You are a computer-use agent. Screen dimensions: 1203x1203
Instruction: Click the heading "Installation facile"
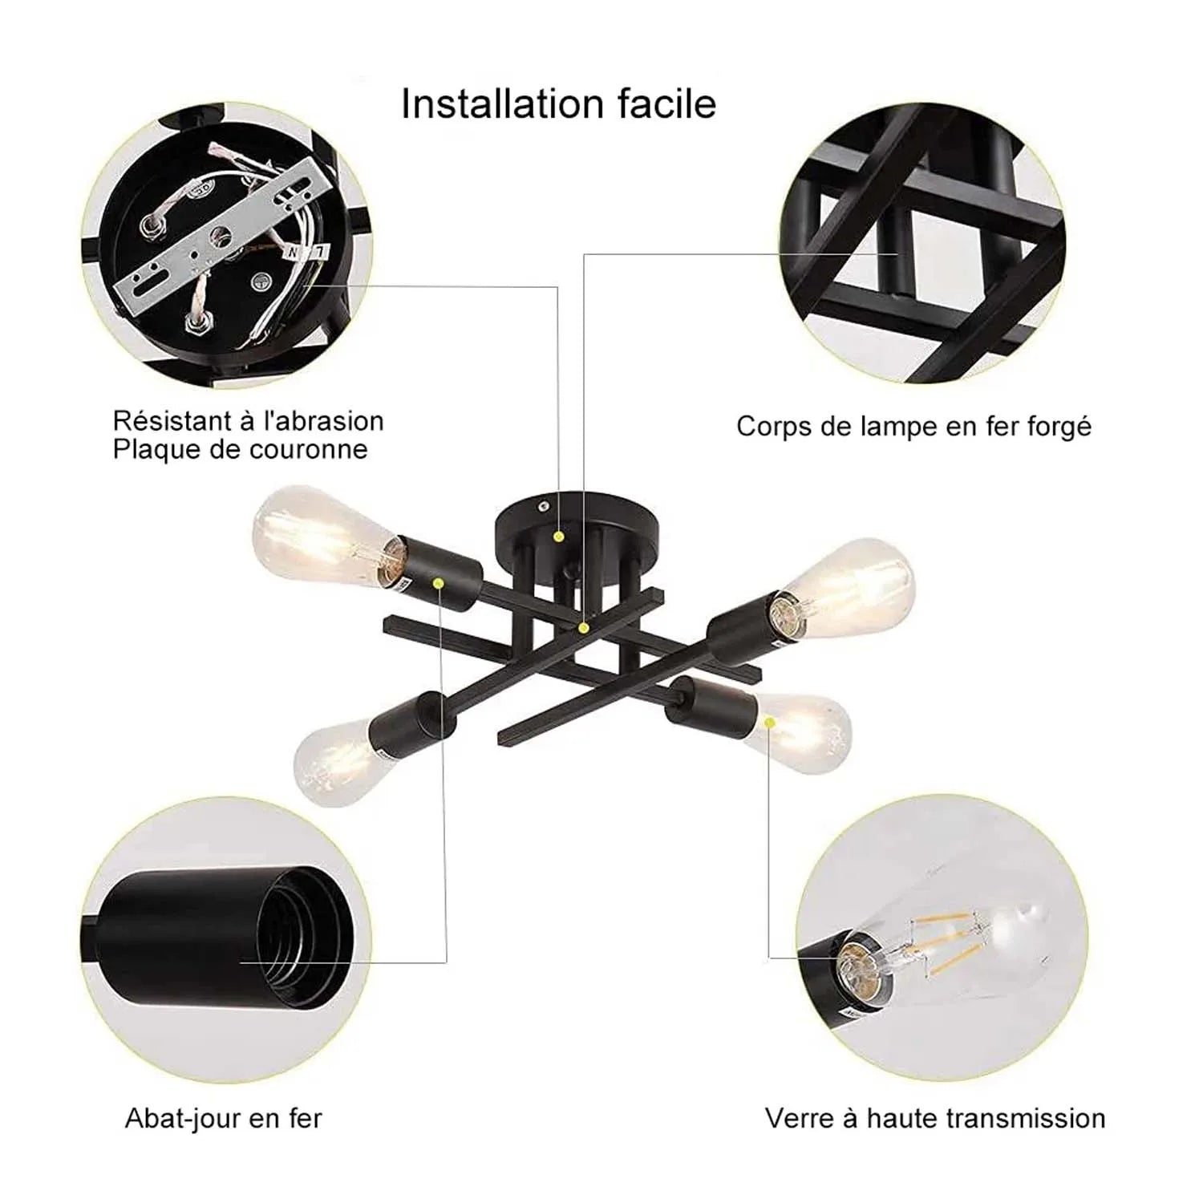pyautogui.click(x=558, y=104)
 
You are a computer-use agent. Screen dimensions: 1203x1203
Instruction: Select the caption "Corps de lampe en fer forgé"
pyautogui.click(x=913, y=426)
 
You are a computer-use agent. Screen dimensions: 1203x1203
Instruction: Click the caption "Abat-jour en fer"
pyautogui.click(x=223, y=1118)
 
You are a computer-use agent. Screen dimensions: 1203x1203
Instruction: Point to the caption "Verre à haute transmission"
pyautogui.click(x=934, y=1118)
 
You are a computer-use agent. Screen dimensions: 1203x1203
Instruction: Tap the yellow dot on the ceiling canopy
pyautogui.click(x=559, y=535)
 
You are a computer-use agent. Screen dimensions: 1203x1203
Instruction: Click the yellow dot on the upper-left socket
pyautogui.click(x=439, y=582)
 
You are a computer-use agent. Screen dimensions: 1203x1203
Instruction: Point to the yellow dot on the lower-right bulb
pyautogui.click(x=770, y=723)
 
